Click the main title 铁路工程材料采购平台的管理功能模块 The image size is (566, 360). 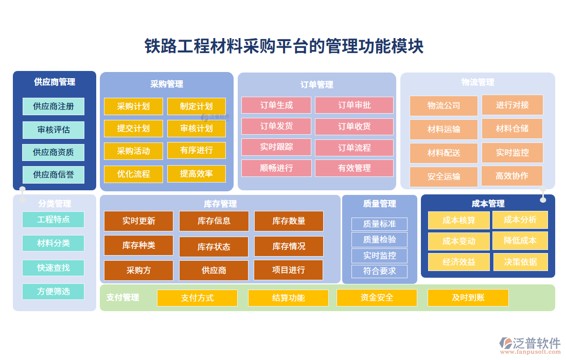(284, 46)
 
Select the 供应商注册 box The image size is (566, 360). (54, 106)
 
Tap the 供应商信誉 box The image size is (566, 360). (54, 175)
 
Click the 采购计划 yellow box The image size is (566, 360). (133, 106)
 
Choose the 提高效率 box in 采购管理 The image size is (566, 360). (196, 174)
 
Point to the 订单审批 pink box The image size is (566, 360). (354, 105)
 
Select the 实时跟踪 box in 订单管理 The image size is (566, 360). (276, 147)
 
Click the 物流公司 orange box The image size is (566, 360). (444, 106)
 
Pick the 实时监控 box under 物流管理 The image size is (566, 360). (512, 153)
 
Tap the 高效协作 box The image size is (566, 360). (511, 176)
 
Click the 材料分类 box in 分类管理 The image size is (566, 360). (54, 243)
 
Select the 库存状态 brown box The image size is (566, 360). (214, 247)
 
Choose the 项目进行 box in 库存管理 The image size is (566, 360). (288, 270)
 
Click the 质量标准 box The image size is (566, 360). (379, 224)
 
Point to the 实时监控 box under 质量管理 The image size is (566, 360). (379, 256)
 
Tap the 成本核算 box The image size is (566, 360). (458, 221)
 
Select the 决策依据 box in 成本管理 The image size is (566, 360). (520, 262)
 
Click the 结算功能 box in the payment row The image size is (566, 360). (288, 298)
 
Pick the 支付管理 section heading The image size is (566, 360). (122, 297)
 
